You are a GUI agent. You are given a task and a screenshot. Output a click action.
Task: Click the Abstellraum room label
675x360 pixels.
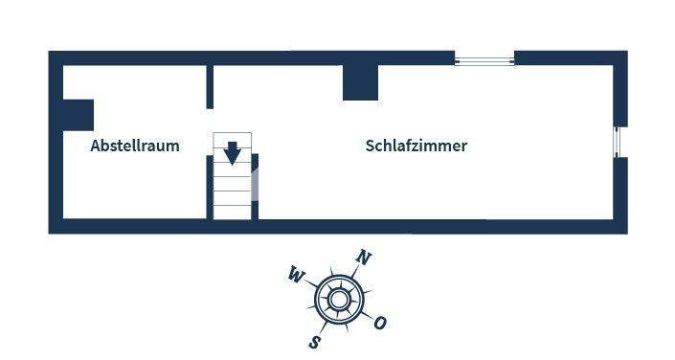[135, 146]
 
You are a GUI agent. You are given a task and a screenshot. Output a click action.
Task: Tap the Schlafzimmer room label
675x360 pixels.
[416, 146]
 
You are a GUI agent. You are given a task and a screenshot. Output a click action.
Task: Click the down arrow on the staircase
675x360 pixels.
[232, 152]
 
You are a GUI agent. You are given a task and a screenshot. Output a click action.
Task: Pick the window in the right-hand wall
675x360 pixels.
[619, 141]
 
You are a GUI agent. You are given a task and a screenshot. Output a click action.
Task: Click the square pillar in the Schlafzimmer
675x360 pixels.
[359, 82]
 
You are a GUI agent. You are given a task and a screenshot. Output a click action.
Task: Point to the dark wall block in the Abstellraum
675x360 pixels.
[78, 115]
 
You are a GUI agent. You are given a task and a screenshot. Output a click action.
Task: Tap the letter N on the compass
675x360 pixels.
[363, 257]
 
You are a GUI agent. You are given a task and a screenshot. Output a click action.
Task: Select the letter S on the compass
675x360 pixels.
[314, 342]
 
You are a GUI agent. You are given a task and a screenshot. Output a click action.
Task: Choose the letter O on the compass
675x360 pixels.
[380, 324]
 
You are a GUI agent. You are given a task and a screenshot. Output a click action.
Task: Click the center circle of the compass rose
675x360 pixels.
[338, 300]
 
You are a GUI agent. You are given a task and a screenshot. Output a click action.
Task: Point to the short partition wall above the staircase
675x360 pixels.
[210, 86]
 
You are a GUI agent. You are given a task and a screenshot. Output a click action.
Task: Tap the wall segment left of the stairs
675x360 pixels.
[210, 187]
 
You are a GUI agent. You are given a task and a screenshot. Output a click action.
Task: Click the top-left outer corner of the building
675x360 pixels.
[50, 52]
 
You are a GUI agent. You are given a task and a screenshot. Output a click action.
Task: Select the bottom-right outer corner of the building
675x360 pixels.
[627, 233]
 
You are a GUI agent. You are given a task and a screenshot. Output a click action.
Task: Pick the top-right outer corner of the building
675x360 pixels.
[627, 52]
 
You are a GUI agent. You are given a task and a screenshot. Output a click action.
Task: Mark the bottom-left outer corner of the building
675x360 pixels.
[50, 233]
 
